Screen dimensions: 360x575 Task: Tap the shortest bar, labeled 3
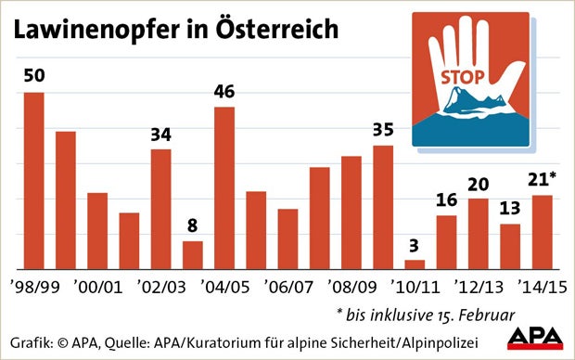pos(415,264)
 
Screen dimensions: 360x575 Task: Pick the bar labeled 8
pos(192,254)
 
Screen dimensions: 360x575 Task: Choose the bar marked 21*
pos(543,231)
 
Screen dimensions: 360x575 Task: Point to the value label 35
pos(382,131)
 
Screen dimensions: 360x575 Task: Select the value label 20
pos(479,184)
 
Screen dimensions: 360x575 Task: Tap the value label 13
pos(510,210)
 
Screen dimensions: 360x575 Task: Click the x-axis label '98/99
pos(34,284)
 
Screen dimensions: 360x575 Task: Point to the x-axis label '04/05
pos(224,284)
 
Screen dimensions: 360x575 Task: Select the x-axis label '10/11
pos(415,284)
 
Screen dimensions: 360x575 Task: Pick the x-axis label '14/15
pos(542,284)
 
